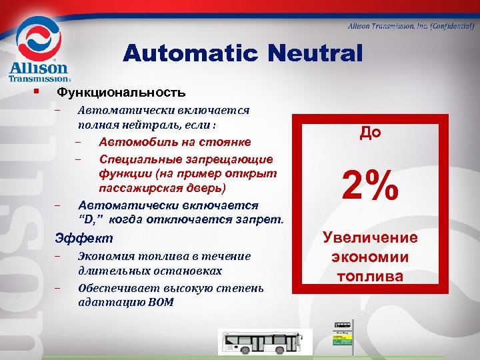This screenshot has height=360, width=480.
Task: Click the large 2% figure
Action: tap(371, 185)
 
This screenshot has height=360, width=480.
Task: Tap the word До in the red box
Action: tap(371, 132)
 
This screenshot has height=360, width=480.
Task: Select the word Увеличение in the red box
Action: tap(371, 238)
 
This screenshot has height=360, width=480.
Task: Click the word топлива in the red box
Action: tap(371, 276)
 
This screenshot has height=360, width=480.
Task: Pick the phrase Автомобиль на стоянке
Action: tap(175, 142)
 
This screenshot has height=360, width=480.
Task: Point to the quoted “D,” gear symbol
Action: tap(91, 219)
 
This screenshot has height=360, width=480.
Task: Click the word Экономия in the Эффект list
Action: tap(105, 256)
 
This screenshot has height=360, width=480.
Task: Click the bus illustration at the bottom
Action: tap(265, 341)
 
